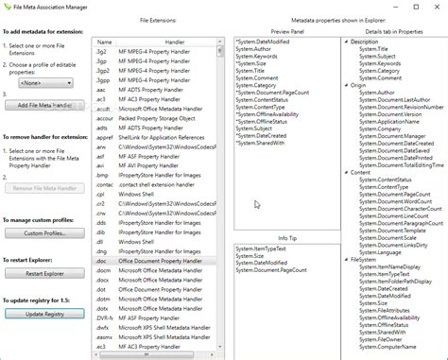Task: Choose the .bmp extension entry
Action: click(101, 176)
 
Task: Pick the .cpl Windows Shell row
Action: click(101, 194)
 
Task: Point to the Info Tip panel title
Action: click(286, 237)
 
